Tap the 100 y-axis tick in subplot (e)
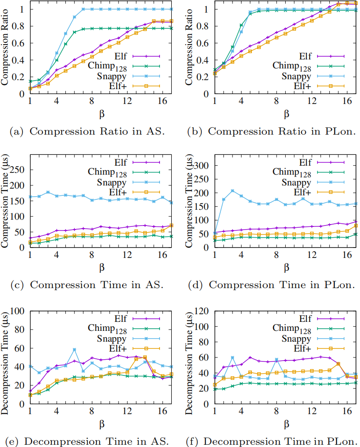click(x=19, y=311)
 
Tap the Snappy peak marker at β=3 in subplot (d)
click(x=232, y=191)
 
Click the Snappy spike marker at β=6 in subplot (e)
click(x=75, y=350)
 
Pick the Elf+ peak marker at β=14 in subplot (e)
click(x=145, y=357)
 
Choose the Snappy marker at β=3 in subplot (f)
click(x=232, y=358)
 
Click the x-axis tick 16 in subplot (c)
click(x=163, y=255)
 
